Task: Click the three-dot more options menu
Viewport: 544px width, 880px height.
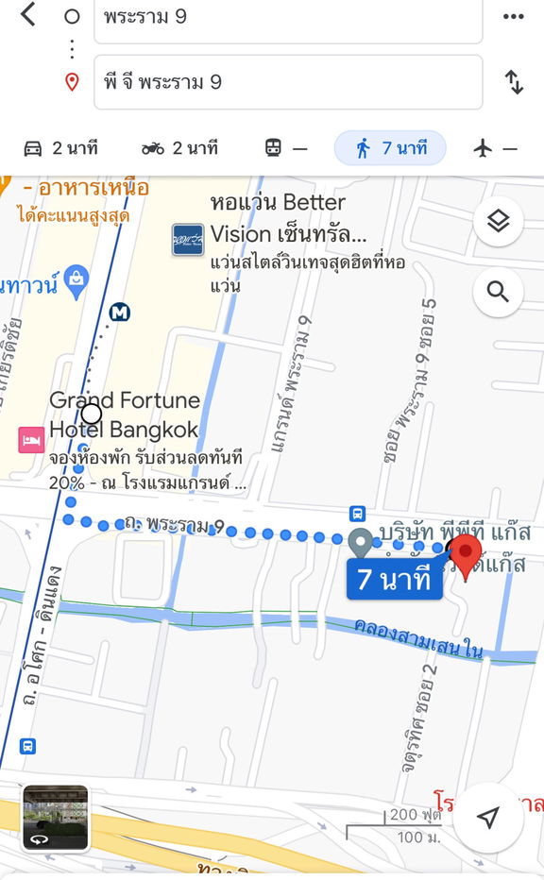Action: pyautogui.click(x=513, y=16)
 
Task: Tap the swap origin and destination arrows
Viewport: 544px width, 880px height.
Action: pyautogui.click(x=514, y=82)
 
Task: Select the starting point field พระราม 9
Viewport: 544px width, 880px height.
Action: pyautogui.click(x=288, y=18)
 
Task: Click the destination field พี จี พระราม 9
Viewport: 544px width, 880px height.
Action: pyautogui.click(x=288, y=82)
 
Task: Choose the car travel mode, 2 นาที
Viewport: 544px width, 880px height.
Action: pyautogui.click(x=59, y=148)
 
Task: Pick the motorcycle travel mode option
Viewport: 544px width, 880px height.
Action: pyautogui.click(x=179, y=148)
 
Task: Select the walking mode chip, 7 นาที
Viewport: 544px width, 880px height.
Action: pyautogui.click(x=390, y=148)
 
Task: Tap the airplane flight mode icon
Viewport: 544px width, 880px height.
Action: pyautogui.click(x=495, y=148)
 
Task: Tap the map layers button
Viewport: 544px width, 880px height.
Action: pyautogui.click(x=498, y=222)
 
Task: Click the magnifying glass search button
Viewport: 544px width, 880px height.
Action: pyautogui.click(x=498, y=292)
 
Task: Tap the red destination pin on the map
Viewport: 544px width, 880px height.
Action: pyautogui.click(x=465, y=553)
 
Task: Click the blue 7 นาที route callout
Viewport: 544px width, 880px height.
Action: pyautogui.click(x=394, y=579)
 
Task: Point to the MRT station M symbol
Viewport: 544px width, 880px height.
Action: pyautogui.click(x=120, y=312)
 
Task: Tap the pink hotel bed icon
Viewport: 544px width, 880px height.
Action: pyautogui.click(x=30, y=439)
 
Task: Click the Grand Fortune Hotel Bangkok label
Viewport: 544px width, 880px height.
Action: pyautogui.click(x=125, y=415)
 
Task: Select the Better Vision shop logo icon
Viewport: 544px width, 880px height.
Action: pyautogui.click(x=187, y=239)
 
